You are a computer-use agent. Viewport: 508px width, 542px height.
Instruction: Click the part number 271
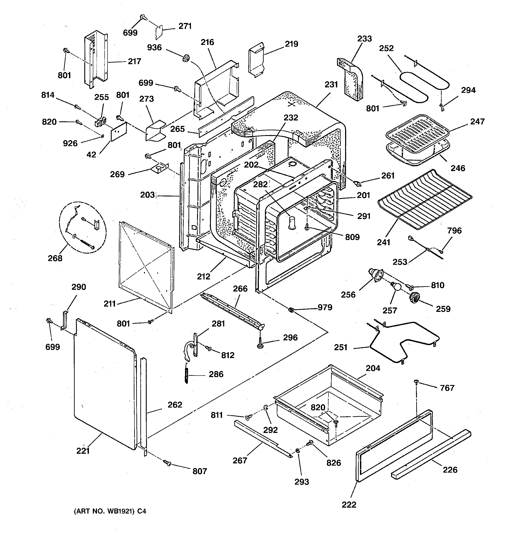click(185, 26)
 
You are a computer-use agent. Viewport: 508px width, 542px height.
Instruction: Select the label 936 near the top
click(154, 48)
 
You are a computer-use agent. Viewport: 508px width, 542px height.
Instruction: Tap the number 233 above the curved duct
click(365, 39)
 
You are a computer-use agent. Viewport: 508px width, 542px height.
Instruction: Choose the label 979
click(325, 307)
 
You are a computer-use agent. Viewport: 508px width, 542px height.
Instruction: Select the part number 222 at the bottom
click(349, 505)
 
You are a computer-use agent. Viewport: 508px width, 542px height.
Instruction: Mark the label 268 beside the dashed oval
click(55, 258)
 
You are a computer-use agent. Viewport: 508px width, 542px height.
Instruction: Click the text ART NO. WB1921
click(105, 511)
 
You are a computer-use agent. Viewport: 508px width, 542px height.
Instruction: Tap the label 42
click(91, 155)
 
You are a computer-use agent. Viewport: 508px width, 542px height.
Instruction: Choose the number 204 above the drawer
click(373, 368)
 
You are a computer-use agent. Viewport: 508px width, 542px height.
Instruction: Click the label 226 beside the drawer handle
click(450, 470)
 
